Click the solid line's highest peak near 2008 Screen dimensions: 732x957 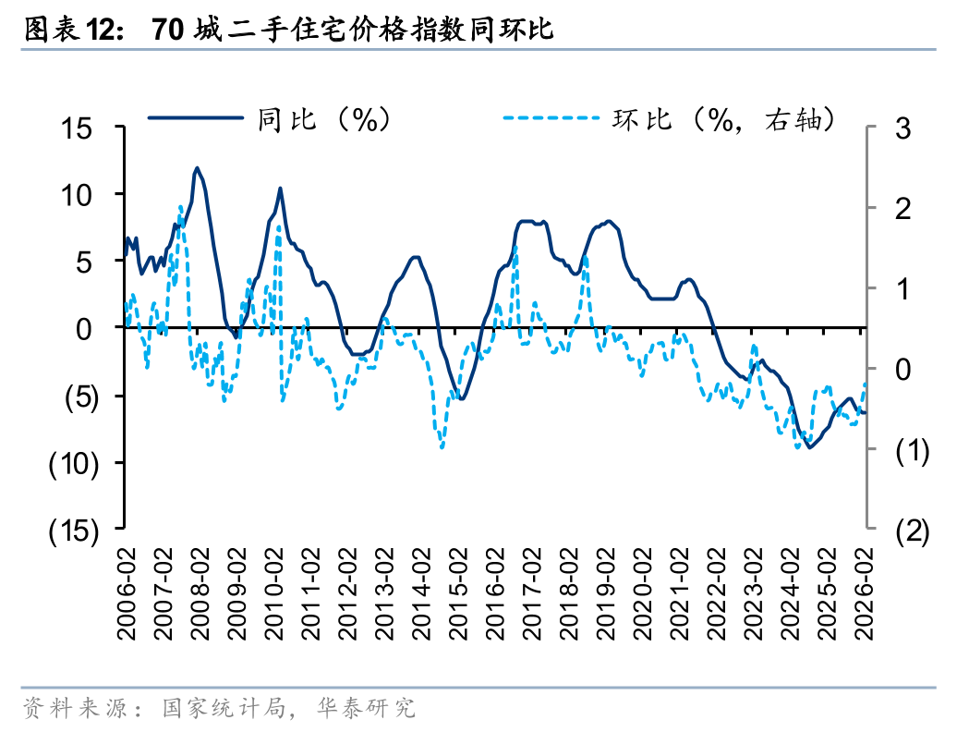(x=197, y=168)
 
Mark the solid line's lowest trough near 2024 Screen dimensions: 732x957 (x=810, y=447)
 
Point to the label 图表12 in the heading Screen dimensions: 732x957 (x=70, y=30)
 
